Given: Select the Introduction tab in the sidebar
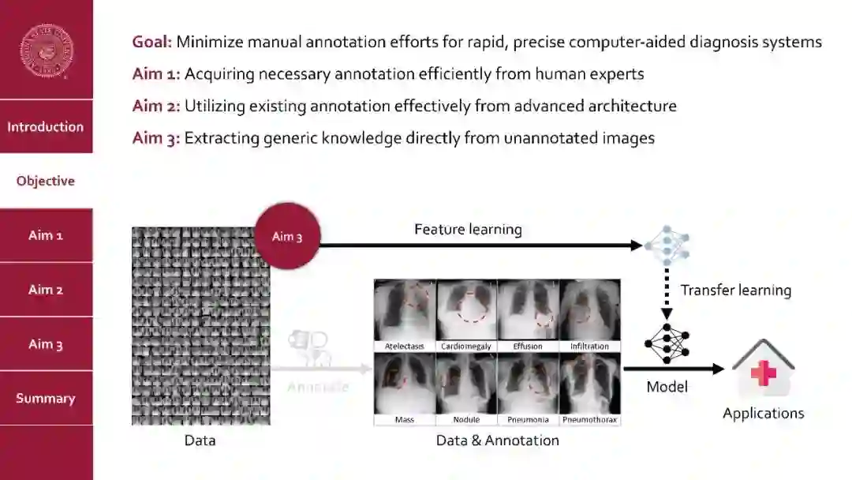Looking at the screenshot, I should coord(46,126).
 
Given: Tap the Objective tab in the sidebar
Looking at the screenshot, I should coord(46,181).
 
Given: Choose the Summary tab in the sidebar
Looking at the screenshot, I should coord(46,398).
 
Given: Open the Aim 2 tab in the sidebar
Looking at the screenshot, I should coord(46,290).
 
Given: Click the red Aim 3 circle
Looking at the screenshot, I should coord(287,236).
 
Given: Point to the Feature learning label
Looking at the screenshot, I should coord(468,230).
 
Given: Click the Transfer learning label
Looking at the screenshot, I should coord(735,290).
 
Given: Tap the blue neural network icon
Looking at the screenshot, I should coord(666,245).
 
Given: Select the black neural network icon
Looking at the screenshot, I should coord(666,343).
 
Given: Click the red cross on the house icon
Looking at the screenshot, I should coord(763,373).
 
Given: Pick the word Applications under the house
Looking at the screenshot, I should coord(763,413).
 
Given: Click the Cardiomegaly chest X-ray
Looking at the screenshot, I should coord(466,309).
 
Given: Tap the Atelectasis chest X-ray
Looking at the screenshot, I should coord(405,309).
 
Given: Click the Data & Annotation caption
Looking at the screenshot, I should coord(497,441).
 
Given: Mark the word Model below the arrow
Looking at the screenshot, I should coord(667,387).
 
